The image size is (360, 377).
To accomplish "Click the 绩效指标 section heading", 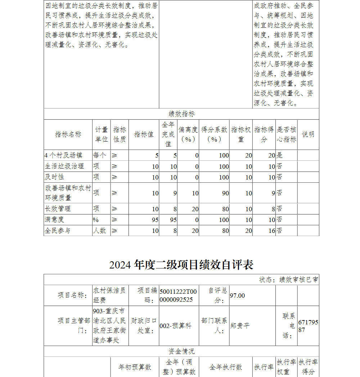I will [x=181, y=114].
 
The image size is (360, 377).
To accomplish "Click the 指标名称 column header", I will [x=68, y=134].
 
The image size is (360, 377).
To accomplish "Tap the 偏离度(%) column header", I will [x=188, y=134].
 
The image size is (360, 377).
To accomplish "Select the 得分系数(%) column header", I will [x=214, y=134].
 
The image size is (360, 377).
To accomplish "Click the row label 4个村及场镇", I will [x=63, y=155].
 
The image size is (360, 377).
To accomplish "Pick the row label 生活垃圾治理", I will [x=64, y=166].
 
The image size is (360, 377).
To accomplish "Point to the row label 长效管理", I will [x=58, y=209].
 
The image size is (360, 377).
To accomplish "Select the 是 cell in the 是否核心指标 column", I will [x=280, y=155].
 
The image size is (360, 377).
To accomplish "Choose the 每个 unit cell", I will [x=100, y=155].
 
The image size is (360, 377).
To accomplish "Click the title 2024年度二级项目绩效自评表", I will [x=181, y=265].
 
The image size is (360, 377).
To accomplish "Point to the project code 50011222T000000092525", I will [x=179, y=296].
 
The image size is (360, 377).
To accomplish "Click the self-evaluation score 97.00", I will [x=237, y=296].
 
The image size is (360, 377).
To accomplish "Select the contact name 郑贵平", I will [x=240, y=326].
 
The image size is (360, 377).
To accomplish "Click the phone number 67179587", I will [x=308, y=326].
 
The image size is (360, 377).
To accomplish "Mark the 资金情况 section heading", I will [x=181, y=351].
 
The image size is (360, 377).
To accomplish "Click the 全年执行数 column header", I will [x=226, y=367].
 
